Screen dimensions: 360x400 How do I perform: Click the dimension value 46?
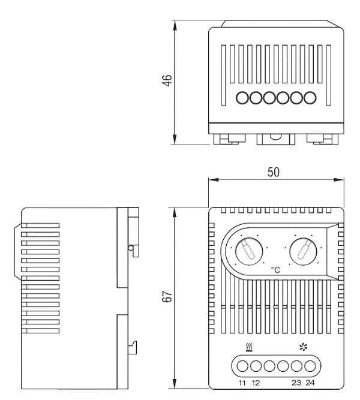167,80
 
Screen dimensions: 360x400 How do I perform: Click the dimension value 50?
274,172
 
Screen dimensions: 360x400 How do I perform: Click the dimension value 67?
167,297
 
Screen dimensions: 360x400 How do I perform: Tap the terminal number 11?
242,383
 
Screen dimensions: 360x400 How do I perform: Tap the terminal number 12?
256,383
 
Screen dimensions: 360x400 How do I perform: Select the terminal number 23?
296,383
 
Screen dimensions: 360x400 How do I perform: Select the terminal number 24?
310,383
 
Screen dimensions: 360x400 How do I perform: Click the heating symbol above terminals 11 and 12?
249,347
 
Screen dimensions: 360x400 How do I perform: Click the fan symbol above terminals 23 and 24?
304,347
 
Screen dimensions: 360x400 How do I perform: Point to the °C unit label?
275,270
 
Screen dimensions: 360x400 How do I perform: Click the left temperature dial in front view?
249,251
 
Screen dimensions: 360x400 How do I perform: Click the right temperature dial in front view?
303,251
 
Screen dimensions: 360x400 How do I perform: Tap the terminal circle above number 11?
242,366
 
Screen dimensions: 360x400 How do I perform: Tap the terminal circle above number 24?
310,366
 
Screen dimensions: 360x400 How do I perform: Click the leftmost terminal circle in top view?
242,98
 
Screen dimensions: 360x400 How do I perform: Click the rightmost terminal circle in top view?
310,98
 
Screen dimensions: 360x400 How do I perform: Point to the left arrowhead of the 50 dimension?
214,180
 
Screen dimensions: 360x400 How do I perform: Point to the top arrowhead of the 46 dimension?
175,26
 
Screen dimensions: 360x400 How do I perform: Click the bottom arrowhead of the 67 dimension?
175,383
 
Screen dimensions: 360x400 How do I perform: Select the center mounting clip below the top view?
276,139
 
